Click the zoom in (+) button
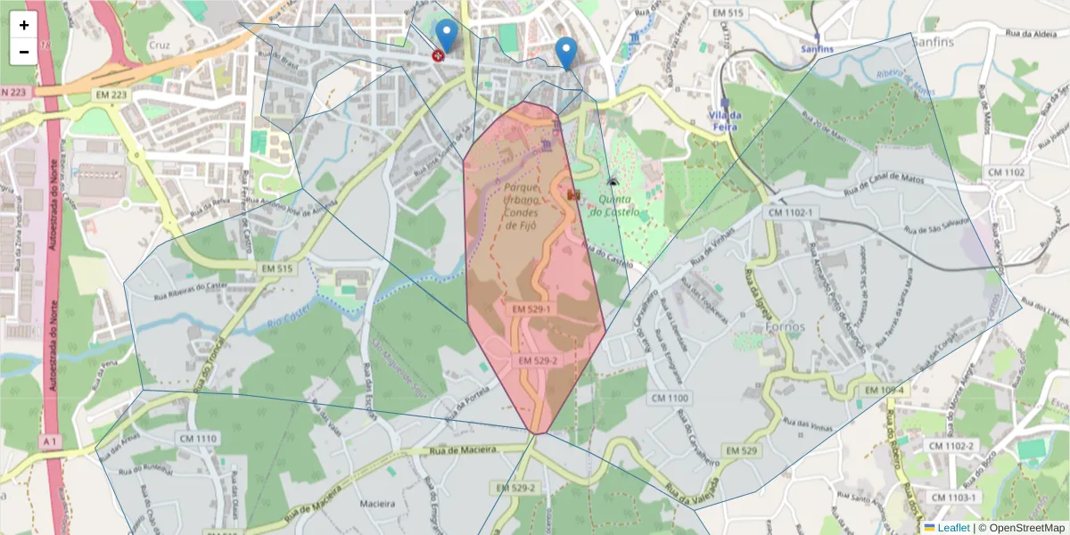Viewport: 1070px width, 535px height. pyautogui.click(x=24, y=25)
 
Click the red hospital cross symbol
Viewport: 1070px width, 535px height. pyautogui.click(x=438, y=55)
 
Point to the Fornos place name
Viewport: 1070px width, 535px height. pyautogui.click(x=785, y=326)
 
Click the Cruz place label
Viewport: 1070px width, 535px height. pyautogui.click(x=160, y=45)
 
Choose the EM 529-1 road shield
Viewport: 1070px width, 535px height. pyautogui.click(x=532, y=309)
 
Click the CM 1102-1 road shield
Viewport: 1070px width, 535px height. pyautogui.click(x=790, y=213)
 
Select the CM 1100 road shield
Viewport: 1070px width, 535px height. pyautogui.click(x=670, y=398)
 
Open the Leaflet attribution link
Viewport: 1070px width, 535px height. pyautogui.click(x=952, y=528)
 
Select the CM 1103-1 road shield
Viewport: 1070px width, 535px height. pyautogui.click(x=953, y=497)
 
